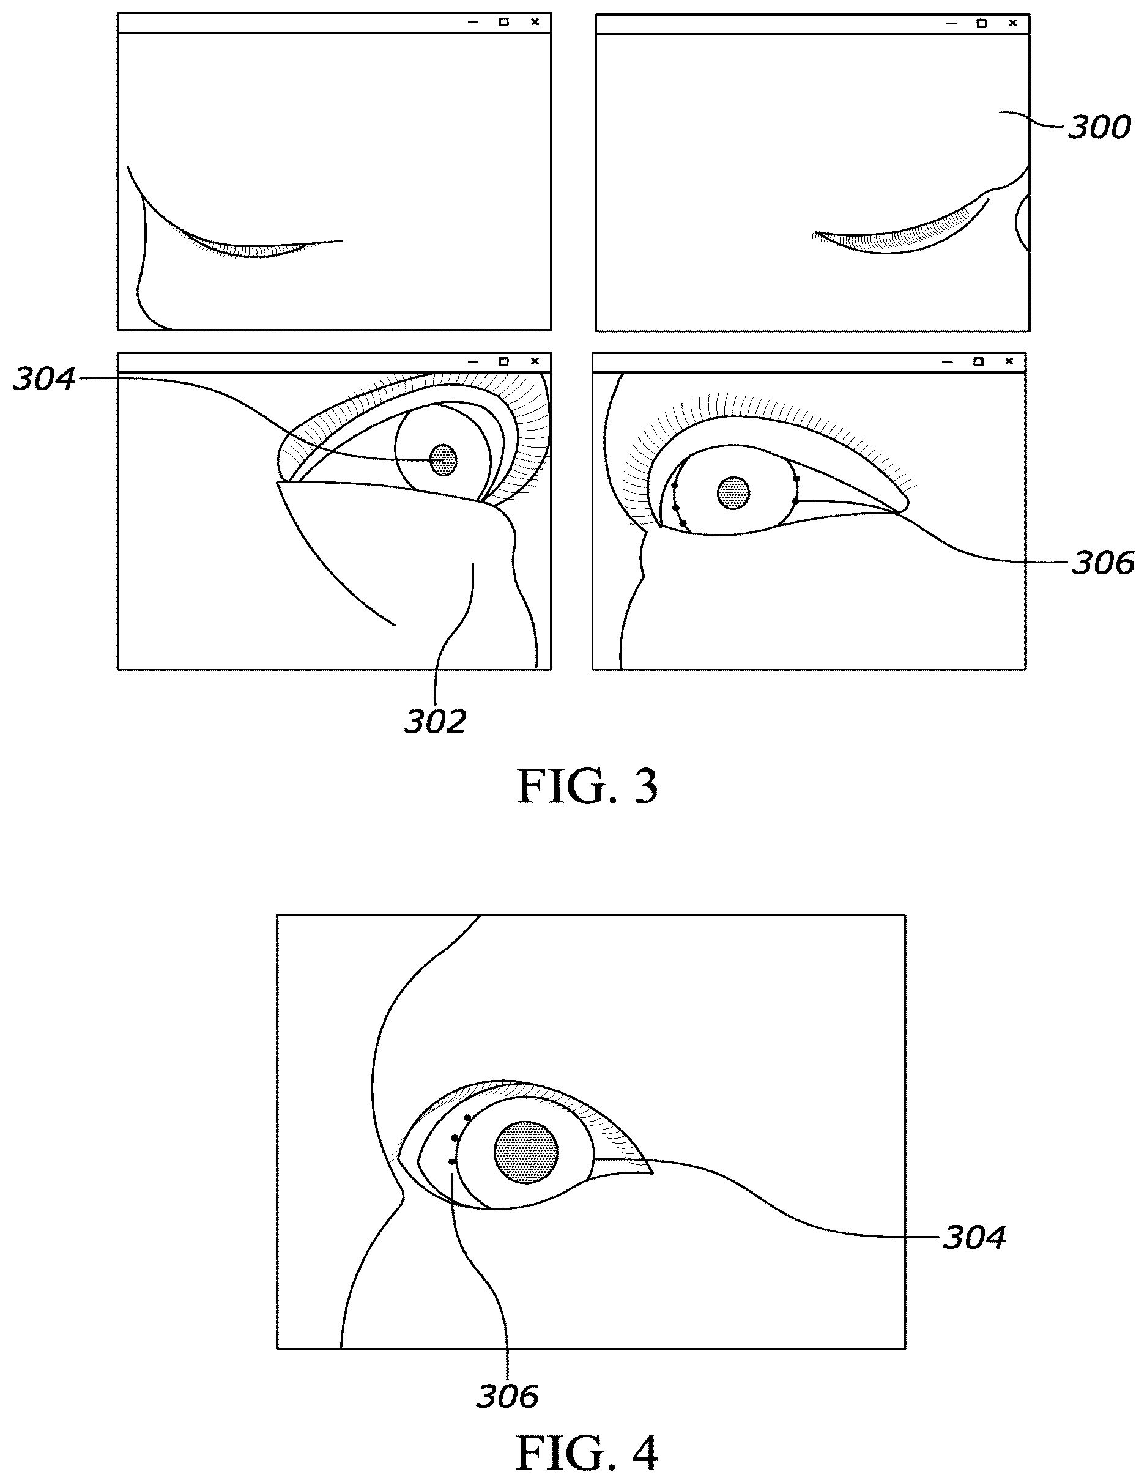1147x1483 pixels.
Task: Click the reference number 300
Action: [1099, 128]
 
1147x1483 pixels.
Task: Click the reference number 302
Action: [436, 722]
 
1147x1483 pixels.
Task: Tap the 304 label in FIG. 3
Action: [44, 379]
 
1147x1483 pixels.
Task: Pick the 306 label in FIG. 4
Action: [507, 1397]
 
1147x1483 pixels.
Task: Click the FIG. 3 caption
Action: [587, 786]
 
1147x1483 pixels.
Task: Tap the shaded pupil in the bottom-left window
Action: [444, 460]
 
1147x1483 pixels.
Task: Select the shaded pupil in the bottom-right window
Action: [733, 493]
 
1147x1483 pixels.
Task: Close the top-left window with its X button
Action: [535, 22]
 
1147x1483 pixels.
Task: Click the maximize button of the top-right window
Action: [981, 23]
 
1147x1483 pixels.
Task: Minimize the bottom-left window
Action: [473, 362]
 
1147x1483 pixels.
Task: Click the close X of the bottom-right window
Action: [1009, 361]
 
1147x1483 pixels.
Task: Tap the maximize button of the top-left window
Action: [504, 22]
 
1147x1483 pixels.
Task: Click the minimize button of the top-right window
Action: [951, 24]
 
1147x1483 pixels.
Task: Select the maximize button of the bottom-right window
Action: [978, 361]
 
